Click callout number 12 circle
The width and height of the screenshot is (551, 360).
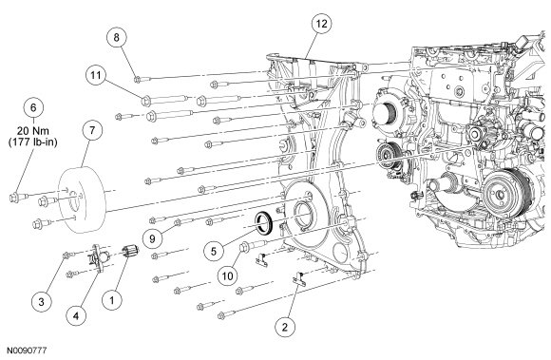321,24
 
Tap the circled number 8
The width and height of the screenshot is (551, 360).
116,37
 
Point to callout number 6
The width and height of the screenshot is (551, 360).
33,107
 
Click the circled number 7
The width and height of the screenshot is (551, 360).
92,130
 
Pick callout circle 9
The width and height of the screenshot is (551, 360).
152,238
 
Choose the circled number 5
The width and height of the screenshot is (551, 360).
214,251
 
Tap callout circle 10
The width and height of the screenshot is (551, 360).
227,276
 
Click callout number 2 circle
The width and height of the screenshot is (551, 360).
285,327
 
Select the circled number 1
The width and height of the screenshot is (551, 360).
112,300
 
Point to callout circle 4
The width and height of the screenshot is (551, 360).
76,315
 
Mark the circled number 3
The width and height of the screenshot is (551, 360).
41,301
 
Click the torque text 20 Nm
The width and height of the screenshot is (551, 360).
33,131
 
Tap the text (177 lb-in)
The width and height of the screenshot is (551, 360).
33,142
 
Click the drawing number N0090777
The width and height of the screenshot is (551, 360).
27,351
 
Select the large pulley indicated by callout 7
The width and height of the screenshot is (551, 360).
82,200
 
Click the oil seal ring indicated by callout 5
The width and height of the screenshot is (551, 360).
263,222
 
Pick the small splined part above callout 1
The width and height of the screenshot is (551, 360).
130,252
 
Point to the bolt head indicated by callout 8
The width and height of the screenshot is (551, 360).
137,80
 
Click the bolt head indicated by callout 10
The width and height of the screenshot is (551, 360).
244,247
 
